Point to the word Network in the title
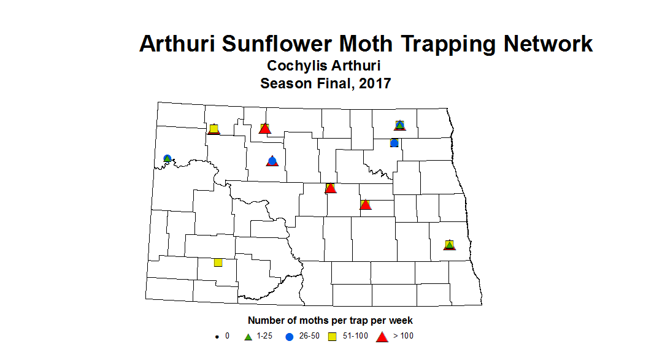coord(548,44)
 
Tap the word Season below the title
coord(283,83)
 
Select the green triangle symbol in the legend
coord(249,336)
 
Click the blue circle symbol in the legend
coord(289,336)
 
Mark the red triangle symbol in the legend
coord(382,336)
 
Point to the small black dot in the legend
coord(216,337)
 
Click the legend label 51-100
coord(355,336)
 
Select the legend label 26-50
coord(310,336)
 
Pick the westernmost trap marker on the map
coord(167,159)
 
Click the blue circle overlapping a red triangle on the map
coord(272,161)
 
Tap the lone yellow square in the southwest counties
coord(218,262)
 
